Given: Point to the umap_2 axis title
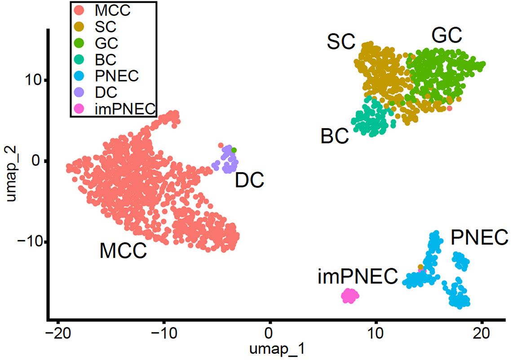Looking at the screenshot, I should pyautogui.click(x=10, y=177).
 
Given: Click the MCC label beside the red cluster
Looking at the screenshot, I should pyautogui.click(x=123, y=251).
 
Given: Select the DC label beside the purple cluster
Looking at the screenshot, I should pyautogui.click(x=249, y=181).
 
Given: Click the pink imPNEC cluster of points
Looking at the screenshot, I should pyautogui.click(x=349, y=296).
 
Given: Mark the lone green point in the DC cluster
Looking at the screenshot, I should pyautogui.click(x=234, y=150).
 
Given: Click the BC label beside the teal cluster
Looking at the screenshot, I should pyautogui.click(x=335, y=136).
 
